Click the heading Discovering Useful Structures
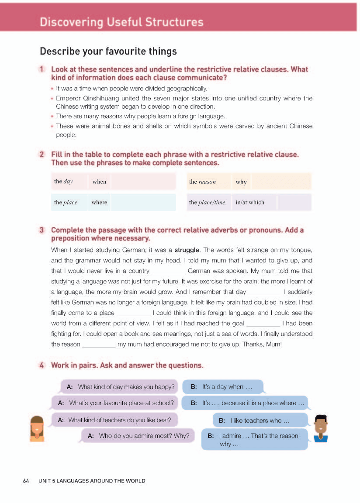pyautogui.click(x=121, y=22)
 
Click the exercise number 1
pyautogui.click(x=42, y=69)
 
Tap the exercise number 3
pyautogui.click(x=42, y=230)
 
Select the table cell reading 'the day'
pyautogui.click(x=64, y=182)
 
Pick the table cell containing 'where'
pyautogui.click(x=99, y=203)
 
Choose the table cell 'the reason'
pyautogui.click(x=202, y=182)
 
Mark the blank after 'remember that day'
pyautogui.click(x=264, y=292)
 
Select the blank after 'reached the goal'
pyautogui.click(x=263, y=324)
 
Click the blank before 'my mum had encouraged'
pyautogui.click(x=99, y=345)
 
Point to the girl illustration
pyautogui.click(x=37, y=428)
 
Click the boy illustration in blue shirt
pyautogui.click(x=321, y=428)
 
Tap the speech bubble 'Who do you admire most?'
pyautogui.click(x=139, y=436)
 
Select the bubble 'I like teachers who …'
pyautogui.click(x=260, y=420)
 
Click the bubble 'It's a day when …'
pyautogui.click(x=222, y=387)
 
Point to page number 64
pyautogui.click(x=26, y=481)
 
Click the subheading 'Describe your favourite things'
pyautogui.click(x=108, y=52)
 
